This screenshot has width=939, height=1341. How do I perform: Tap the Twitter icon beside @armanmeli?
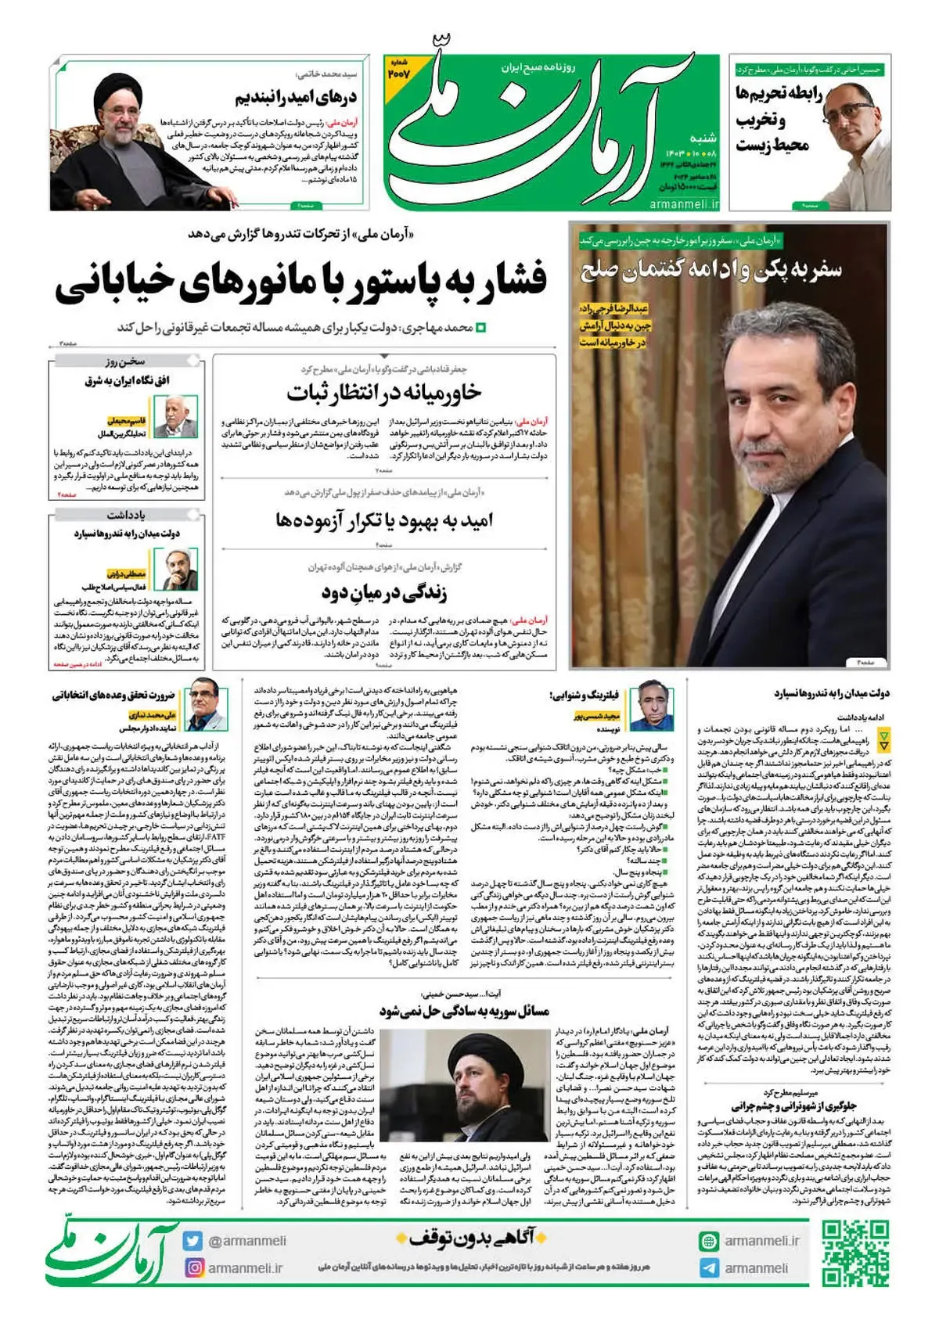[x=192, y=1241]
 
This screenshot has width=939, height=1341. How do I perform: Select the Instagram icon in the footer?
[x=192, y=1267]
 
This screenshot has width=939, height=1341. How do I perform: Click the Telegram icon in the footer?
[x=709, y=1268]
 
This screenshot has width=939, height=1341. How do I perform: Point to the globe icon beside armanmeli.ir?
[x=709, y=1241]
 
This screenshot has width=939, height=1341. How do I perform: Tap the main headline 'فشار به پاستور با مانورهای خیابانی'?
[x=301, y=284]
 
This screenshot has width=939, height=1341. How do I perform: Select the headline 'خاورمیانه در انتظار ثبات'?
[x=383, y=391]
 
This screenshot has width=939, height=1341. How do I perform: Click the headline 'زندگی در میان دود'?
[x=383, y=592]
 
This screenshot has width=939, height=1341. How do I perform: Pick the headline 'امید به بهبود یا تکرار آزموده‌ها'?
[x=383, y=520]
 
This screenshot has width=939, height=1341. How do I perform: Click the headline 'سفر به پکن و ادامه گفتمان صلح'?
[x=711, y=270]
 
